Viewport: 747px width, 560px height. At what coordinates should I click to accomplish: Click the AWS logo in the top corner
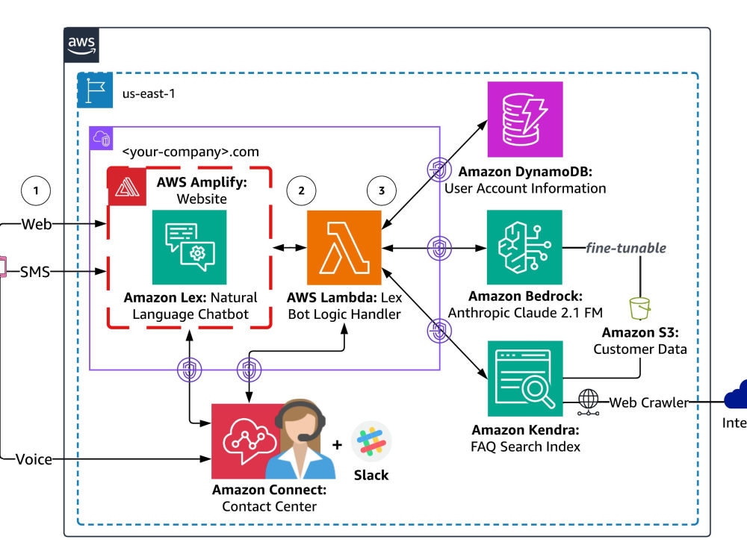tap(81, 44)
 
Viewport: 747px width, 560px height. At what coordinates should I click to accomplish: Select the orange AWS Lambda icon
tap(344, 248)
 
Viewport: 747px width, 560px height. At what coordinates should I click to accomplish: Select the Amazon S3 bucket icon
tap(639, 307)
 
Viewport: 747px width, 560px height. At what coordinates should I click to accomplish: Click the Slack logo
tap(371, 442)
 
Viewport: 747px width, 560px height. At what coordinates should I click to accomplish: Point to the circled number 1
tap(36, 190)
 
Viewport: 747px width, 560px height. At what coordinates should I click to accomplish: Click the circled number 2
tap(301, 190)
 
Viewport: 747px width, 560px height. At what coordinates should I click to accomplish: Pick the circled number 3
tap(382, 190)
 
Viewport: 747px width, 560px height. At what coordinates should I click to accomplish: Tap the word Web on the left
tap(37, 223)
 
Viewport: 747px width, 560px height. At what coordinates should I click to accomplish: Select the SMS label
tap(35, 272)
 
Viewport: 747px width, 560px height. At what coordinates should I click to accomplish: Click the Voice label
tap(34, 459)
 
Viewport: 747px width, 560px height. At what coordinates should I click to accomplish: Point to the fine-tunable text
tap(626, 247)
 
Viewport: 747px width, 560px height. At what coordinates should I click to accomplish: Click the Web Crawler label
tap(648, 402)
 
